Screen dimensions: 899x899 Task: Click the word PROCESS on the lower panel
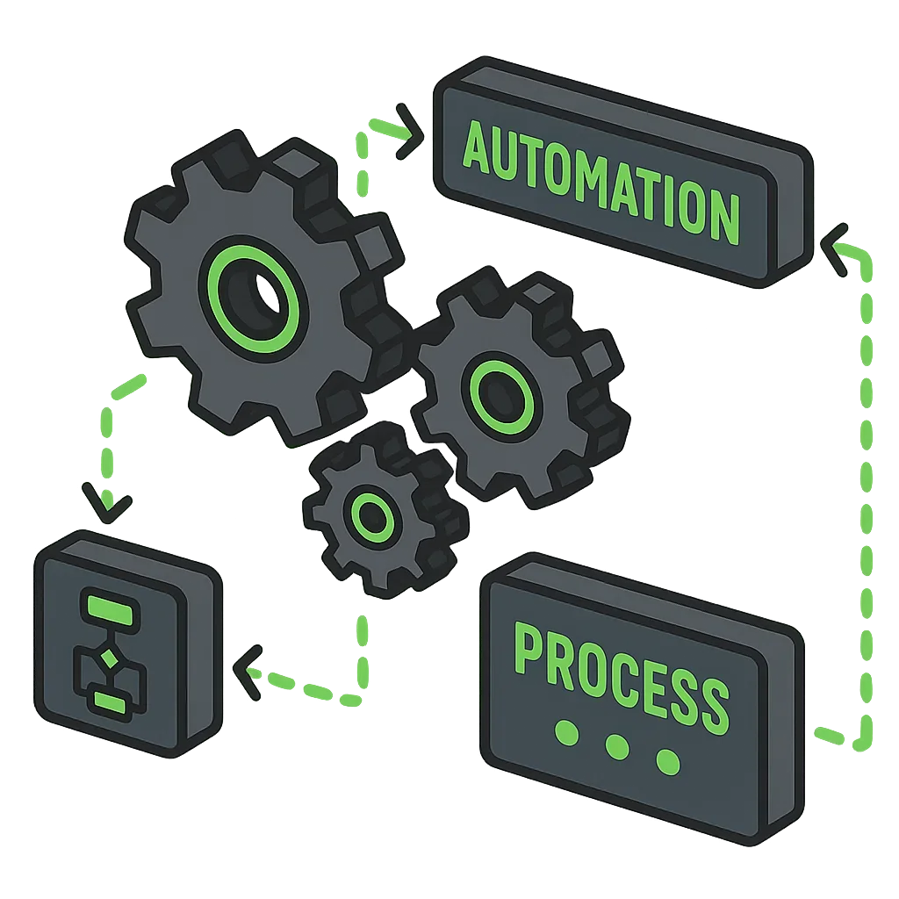(x=621, y=672)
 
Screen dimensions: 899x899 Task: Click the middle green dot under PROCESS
(x=618, y=747)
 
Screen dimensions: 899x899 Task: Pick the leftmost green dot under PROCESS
(x=568, y=733)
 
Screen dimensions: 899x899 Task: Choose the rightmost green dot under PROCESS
(x=668, y=761)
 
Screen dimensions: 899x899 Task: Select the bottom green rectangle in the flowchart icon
(x=110, y=702)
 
